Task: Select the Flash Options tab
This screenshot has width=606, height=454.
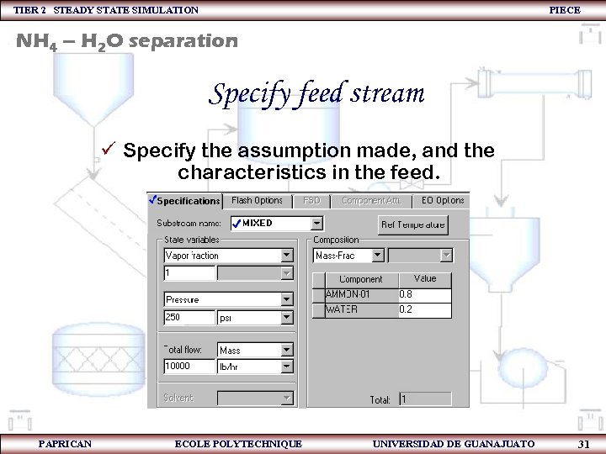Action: (x=257, y=201)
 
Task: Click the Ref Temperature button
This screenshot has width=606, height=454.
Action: (x=413, y=224)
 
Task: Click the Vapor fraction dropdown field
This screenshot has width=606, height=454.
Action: (x=228, y=256)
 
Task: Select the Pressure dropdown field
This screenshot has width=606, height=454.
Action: (x=228, y=299)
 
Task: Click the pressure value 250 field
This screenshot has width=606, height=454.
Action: (x=189, y=318)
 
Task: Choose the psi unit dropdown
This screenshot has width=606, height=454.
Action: (x=255, y=318)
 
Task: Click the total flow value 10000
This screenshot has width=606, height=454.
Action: (x=189, y=367)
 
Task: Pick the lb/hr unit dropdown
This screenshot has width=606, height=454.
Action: (x=255, y=367)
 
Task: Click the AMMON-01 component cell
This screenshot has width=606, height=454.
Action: (x=360, y=294)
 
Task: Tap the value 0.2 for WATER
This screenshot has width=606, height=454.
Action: (x=423, y=309)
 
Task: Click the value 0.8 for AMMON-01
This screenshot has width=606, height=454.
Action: (x=423, y=294)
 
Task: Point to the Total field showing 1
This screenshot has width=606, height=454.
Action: (x=424, y=399)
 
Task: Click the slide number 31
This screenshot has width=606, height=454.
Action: (x=583, y=444)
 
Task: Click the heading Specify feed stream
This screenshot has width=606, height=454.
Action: (x=316, y=92)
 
